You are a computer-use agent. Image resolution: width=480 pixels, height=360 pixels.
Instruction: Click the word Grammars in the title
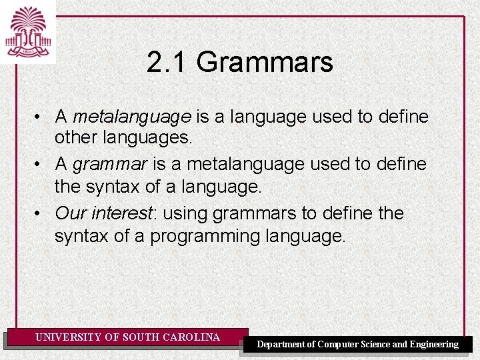pyautogui.click(x=265, y=63)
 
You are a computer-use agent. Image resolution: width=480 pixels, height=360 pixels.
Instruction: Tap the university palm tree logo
pyautogui.click(x=28, y=31)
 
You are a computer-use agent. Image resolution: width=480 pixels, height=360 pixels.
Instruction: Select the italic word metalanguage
pyautogui.click(x=132, y=117)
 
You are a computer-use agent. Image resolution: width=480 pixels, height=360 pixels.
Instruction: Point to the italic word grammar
pyautogui.click(x=109, y=164)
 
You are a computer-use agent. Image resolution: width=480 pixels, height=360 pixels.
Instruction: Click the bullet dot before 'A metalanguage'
pyautogui.click(x=40, y=118)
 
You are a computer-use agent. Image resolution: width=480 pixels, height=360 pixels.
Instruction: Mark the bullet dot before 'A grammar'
pyautogui.click(x=40, y=165)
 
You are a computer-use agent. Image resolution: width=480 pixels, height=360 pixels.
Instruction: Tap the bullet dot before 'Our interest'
pyautogui.click(x=40, y=214)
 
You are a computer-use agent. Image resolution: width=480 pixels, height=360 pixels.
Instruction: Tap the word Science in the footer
pyautogui.click(x=376, y=345)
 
